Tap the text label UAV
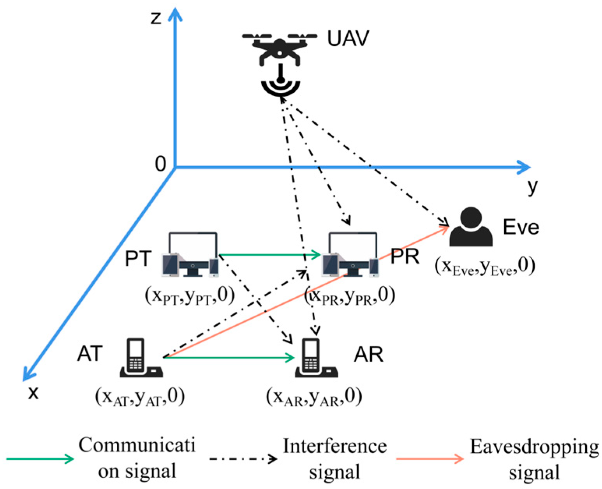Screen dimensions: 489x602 [348, 39]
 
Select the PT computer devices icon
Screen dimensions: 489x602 [190, 255]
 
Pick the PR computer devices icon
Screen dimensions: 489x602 [350, 255]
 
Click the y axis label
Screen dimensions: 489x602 [532, 187]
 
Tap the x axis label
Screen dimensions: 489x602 [33, 393]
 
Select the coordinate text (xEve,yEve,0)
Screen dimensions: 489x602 [485, 267]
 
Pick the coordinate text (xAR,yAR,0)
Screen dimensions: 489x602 [314, 397]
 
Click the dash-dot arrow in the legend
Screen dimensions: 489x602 [243, 459]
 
